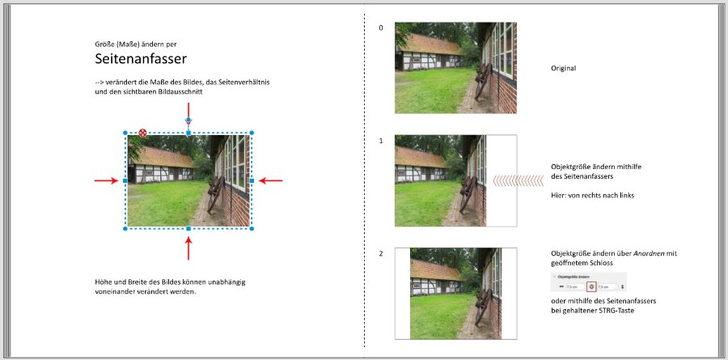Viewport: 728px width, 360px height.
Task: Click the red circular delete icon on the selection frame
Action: pos(142,133)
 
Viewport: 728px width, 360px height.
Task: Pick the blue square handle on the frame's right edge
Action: pos(252,180)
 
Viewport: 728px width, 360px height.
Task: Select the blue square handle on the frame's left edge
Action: pos(125,180)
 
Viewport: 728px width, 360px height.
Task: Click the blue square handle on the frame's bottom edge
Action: pos(188,229)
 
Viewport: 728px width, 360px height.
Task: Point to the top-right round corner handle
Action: pos(252,133)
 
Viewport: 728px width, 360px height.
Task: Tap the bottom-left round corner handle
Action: pos(125,229)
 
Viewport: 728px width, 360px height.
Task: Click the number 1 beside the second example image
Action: pos(381,141)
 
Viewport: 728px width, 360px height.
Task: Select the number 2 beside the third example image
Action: pos(381,254)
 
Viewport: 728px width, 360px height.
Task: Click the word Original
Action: pos(563,69)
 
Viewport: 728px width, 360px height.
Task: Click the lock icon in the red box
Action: pos(592,286)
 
